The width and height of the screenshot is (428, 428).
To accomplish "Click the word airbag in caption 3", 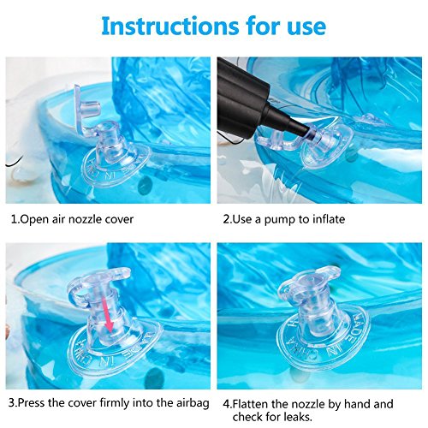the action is (191, 404).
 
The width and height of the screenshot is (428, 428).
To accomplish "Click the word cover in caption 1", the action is (120, 220).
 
